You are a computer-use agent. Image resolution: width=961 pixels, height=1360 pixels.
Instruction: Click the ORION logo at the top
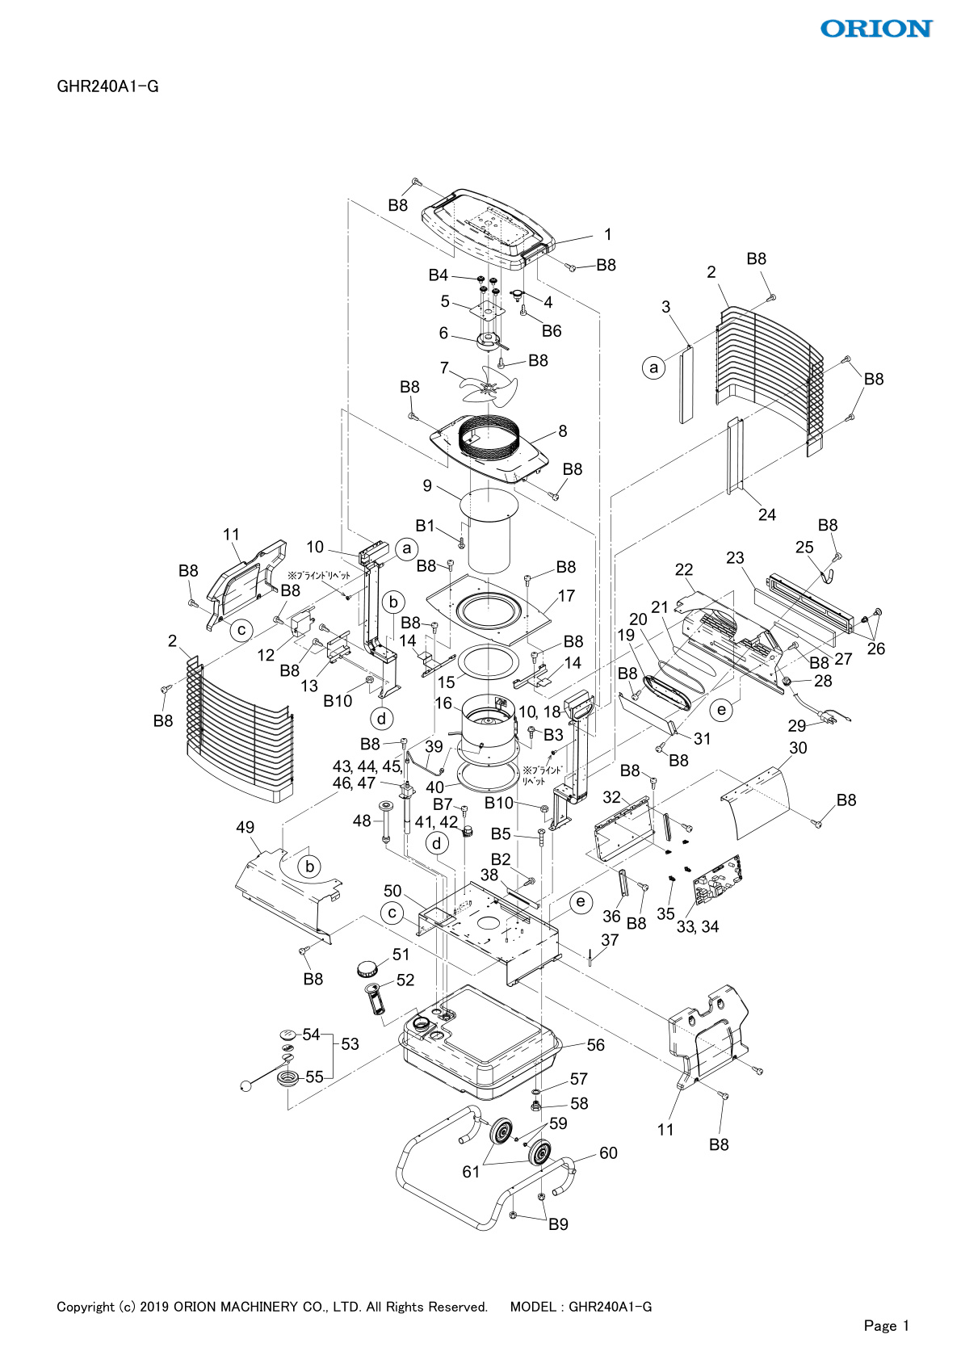(x=876, y=29)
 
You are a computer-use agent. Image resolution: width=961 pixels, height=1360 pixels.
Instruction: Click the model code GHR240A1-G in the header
(x=107, y=86)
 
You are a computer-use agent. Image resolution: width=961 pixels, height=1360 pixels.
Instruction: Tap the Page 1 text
(x=886, y=1325)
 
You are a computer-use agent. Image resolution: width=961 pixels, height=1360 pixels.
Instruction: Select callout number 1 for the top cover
(x=608, y=235)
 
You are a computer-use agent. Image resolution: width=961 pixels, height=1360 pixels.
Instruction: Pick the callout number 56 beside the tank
(x=595, y=1045)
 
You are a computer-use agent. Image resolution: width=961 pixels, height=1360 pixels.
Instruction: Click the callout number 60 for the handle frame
(x=608, y=1153)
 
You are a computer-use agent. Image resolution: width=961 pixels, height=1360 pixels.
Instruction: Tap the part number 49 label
(x=245, y=827)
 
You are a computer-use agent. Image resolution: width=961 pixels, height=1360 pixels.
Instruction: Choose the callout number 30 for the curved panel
(x=798, y=748)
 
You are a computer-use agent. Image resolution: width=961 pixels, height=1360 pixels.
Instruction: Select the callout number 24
(x=766, y=515)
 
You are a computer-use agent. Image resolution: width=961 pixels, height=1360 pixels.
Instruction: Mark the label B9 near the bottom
(x=558, y=1224)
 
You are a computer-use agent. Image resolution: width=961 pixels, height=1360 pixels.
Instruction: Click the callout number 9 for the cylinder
(x=427, y=486)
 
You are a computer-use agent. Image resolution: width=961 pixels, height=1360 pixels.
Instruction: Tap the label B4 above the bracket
(x=438, y=275)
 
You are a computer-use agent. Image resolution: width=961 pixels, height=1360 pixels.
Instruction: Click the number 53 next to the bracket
(x=350, y=1044)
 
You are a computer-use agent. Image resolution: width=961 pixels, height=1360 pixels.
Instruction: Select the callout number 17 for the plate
(x=566, y=596)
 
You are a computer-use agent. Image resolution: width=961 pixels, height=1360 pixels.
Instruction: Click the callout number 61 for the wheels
(x=471, y=1172)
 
